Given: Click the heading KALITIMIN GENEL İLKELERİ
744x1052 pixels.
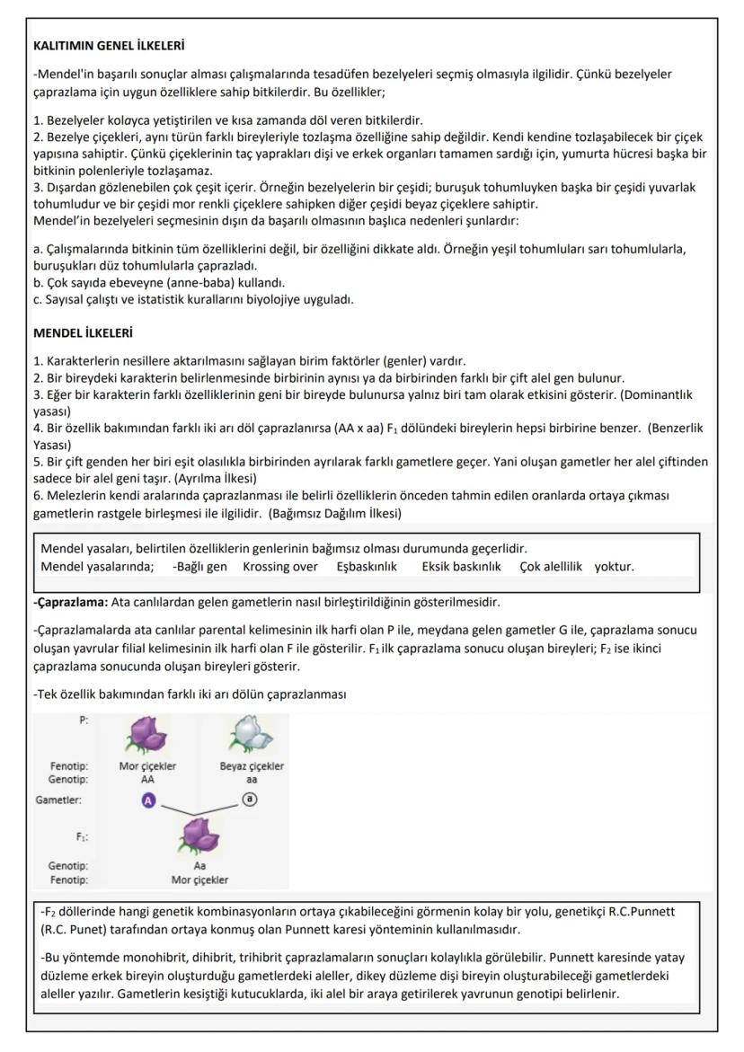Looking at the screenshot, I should [x=109, y=45].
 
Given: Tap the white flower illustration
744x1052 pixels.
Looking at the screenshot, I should [x=252, y=737].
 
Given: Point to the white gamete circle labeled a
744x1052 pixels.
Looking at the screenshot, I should [x=252, y=799].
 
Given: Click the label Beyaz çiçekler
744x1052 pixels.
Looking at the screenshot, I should [x=252, y=766].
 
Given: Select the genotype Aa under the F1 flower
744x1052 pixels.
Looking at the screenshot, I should [x=199, y=866].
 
